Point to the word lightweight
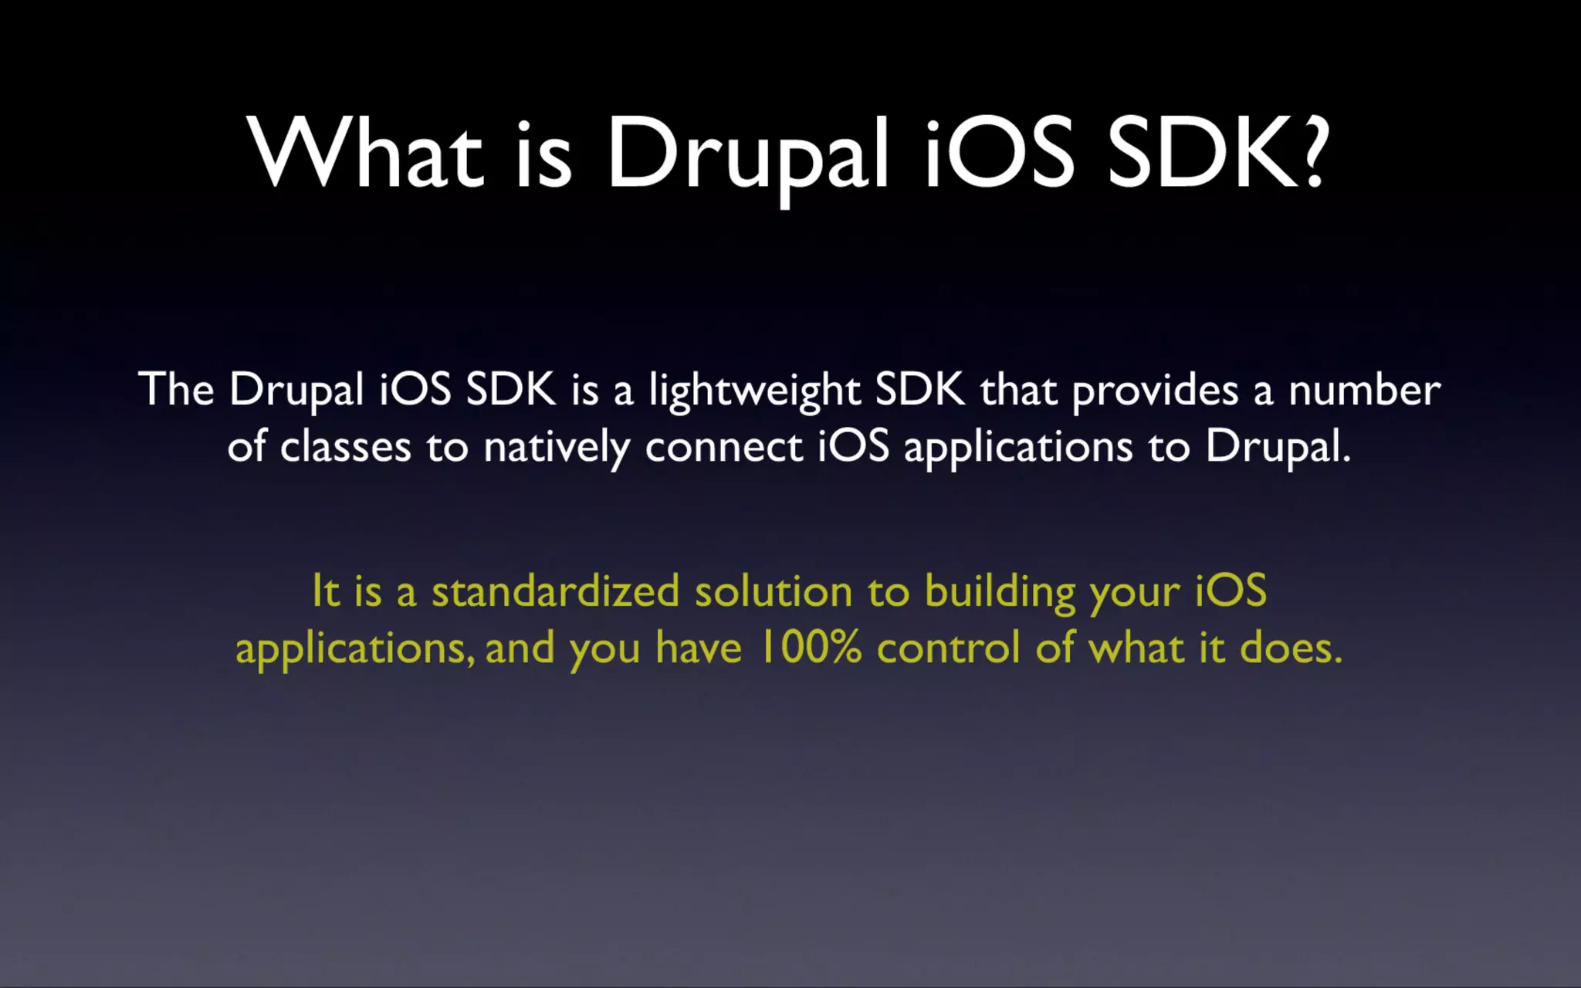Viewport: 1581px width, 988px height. tap(754, 391)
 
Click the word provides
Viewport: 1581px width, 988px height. tap(1155, 391)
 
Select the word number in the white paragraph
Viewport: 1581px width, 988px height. tap(1364, 391)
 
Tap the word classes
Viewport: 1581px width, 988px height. tap(345, 447)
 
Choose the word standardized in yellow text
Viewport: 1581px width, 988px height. tap(555, 591)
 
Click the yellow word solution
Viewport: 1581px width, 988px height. tap(773, 591)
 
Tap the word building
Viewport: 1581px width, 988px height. tap(1000, 593)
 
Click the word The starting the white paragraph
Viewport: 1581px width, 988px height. tap(176, 389)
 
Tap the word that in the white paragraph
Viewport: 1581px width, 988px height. tap(1018, 389)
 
